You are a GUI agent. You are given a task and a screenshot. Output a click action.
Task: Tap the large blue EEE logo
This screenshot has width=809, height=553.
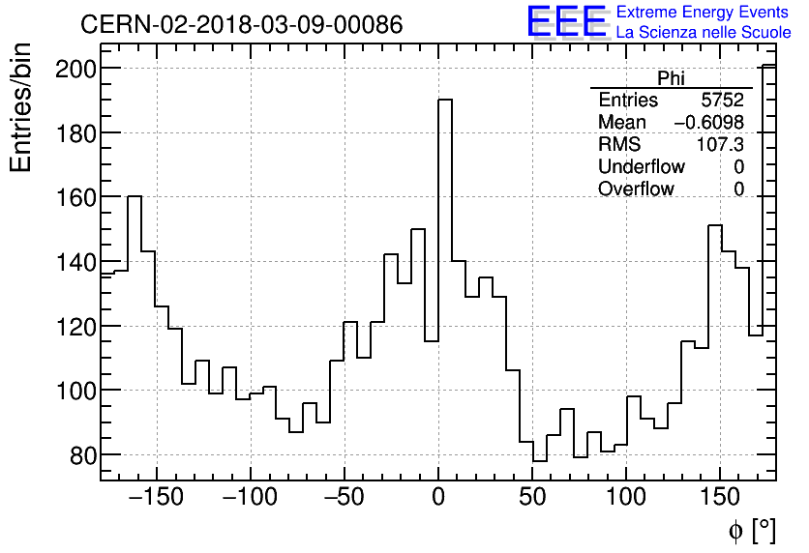click(x=566, y=21)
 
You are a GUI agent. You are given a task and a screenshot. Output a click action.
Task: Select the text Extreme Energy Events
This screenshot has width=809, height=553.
click(x=704, y=13)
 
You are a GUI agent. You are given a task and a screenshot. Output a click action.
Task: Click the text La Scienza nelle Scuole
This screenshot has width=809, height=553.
click(x=704, y=33)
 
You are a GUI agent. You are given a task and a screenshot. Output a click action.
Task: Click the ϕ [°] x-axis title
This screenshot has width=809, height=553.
click(x=751, y=530)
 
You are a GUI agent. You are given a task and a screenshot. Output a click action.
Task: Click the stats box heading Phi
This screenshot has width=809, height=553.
click(x=672, y=79)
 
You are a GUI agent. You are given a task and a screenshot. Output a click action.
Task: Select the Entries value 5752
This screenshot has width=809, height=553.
click(x=723, y=101)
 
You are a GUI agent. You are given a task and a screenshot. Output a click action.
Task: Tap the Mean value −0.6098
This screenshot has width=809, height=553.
click(x=708, y=123)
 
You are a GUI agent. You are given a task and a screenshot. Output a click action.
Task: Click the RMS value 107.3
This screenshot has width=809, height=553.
click(x=720, y=145)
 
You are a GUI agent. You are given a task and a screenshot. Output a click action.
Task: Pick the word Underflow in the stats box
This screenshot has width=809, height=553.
click(x=641, y=167)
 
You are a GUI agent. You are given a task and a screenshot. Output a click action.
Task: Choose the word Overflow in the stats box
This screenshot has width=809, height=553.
click(x=636, y=189)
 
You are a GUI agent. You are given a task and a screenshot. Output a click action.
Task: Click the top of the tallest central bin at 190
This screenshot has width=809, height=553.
click(x=445, y=100)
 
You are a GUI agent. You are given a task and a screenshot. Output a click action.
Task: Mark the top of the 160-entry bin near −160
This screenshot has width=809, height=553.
click(x=135, y=196)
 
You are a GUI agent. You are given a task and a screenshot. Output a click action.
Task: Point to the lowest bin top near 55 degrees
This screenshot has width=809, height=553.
click(x=540, y=461)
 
